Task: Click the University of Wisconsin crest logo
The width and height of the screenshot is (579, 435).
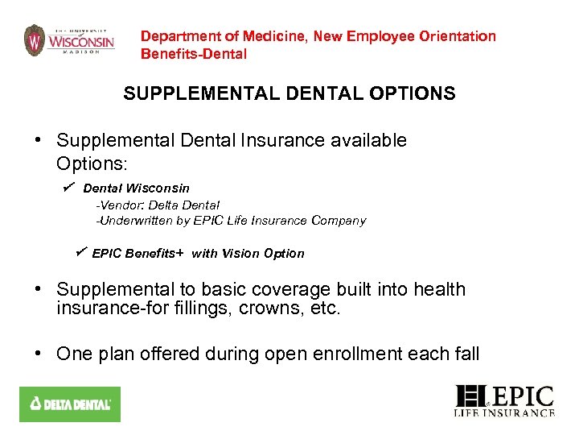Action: [x=34, y=39]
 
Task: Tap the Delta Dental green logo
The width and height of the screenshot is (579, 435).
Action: [x=69, y=404]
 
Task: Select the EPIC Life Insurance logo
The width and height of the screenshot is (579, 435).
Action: [x=505, y=401]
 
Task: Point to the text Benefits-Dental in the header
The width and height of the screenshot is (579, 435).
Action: [x=194, y=54]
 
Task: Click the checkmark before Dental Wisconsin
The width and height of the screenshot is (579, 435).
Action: [x=69, y=187]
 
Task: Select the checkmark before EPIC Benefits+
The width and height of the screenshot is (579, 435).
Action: [x=80, y=252]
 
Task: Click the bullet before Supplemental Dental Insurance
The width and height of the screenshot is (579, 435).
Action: [x=38, y=141]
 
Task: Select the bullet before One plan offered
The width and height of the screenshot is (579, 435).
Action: [x=38, y=354]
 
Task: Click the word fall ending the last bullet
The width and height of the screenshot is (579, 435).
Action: [x=466, y=354]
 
